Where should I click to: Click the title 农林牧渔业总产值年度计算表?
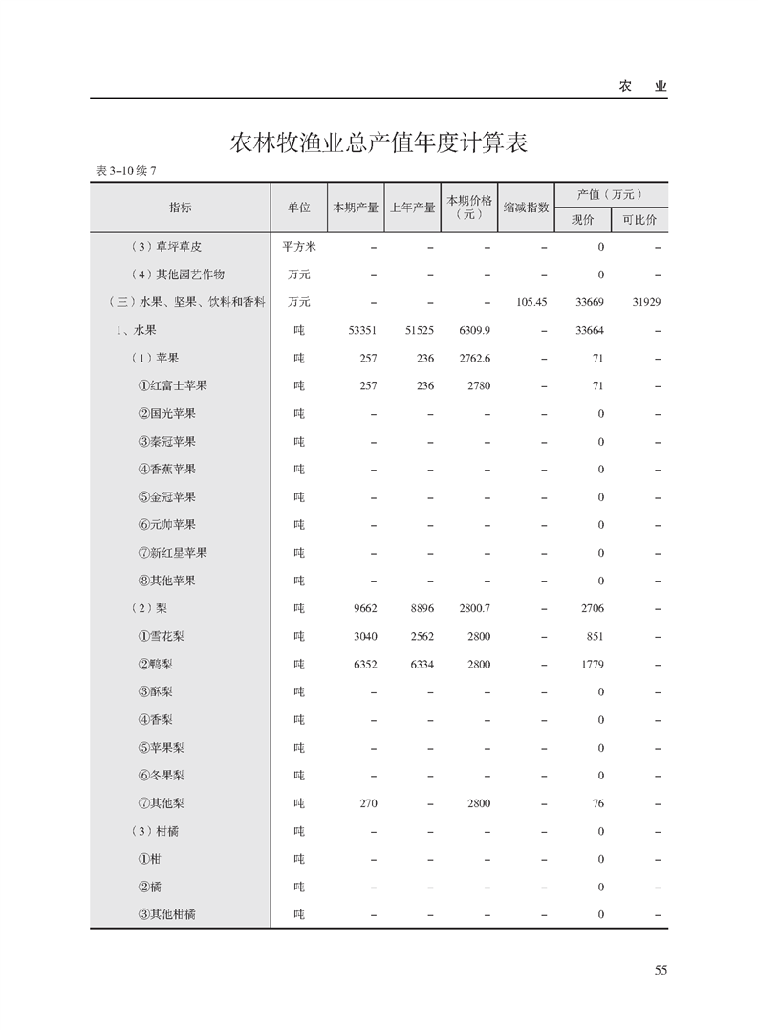pyautogui.click(x=379, y=143)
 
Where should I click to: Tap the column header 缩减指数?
pyautogui.click(x=526, y=208)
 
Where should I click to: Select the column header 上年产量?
pyautogui.click(x=412, y=208)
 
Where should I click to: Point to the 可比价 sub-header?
pyautogui.click(x=639, y=220)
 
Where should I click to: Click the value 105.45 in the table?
pyautogui.click(x=531, y=302)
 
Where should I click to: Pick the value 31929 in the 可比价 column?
pyautogui.click(x=646, y=302)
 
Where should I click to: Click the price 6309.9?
pyautogui.click(x=474, y=330)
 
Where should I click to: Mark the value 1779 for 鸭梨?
pyautogui.click(x=592, y=664)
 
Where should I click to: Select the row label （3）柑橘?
pyautogui.click(x=155, y=831)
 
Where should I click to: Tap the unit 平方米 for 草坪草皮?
pyautogui.click(x=298, y=247)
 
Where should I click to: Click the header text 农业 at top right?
pyautogui.click(x=642, y=86)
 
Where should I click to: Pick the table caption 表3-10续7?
pyautogui.click(x=125, y=171)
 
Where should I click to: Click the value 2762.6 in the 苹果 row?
pyautogui.click(x=474, y=358)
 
